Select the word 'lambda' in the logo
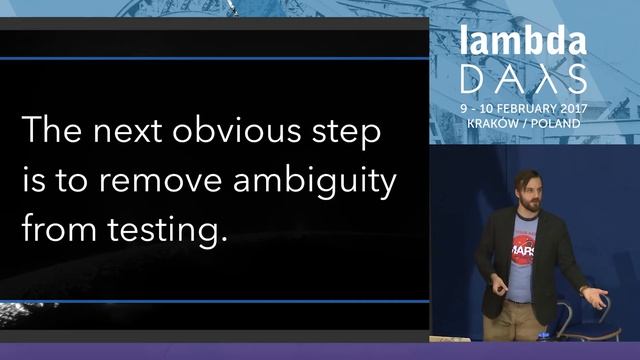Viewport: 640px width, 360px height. point(522,42)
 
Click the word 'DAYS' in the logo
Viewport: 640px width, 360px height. point(522,77)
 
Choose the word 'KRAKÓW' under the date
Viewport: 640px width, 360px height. point(493,122)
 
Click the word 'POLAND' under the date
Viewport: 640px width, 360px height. point(557,122)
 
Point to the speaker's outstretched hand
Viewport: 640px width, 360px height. point(596,297)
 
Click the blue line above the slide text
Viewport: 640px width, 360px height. point(215,58)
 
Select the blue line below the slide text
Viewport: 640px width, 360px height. point(215,301)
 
